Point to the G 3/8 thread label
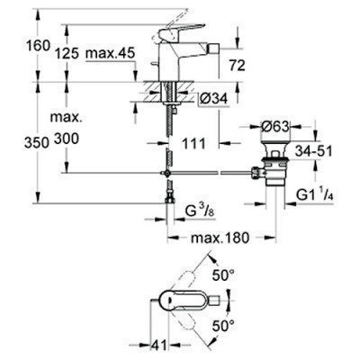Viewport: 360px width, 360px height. (x=197, y=212)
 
